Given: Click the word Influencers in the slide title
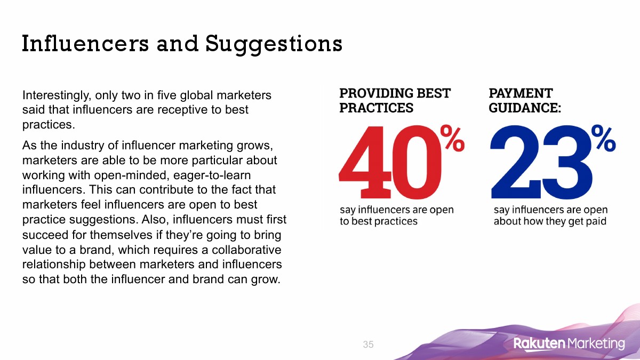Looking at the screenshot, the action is coord(85,44).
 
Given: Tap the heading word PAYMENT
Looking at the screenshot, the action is coord(521,93).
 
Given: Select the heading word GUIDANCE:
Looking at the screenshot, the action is coord(525,108).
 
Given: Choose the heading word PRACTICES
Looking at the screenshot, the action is coord(377,108).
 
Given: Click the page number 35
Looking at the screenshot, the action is coord(368,345).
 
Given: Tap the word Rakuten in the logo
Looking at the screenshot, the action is coord(539,343).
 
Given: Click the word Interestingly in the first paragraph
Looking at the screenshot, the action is coord(57,95).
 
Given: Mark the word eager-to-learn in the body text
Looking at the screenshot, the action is coord(212,175).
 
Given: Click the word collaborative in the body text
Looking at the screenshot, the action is coord(246,250).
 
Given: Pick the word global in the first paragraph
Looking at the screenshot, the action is coord(197,95).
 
